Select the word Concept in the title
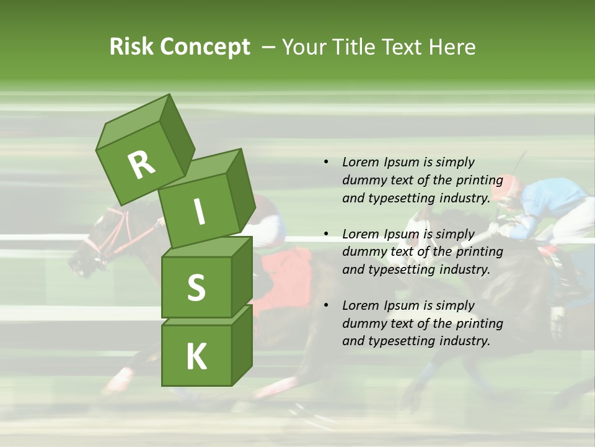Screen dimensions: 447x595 pyautogui.click(x=205, y=48)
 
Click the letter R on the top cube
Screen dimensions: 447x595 pyautogui.click(x=141, y=165)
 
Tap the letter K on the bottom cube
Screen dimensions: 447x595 pyautogui.click(x=196, y=356)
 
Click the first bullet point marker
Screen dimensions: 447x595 pyautogui.click(x=326, y=162)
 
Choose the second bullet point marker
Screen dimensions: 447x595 pyautogui.click(x=326, y=234)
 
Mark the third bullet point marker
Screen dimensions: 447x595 pyautogui.click(x=326, y=305)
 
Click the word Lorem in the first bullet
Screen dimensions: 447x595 pyautogui.click(x=361, y=162)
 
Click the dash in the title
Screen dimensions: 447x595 pyautogui.click(x=268, y=47)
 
